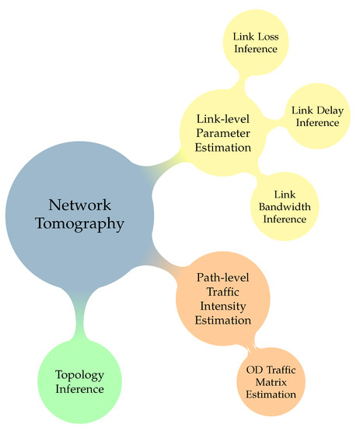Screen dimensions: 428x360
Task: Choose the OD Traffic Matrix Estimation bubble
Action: (x=271, y=381)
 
